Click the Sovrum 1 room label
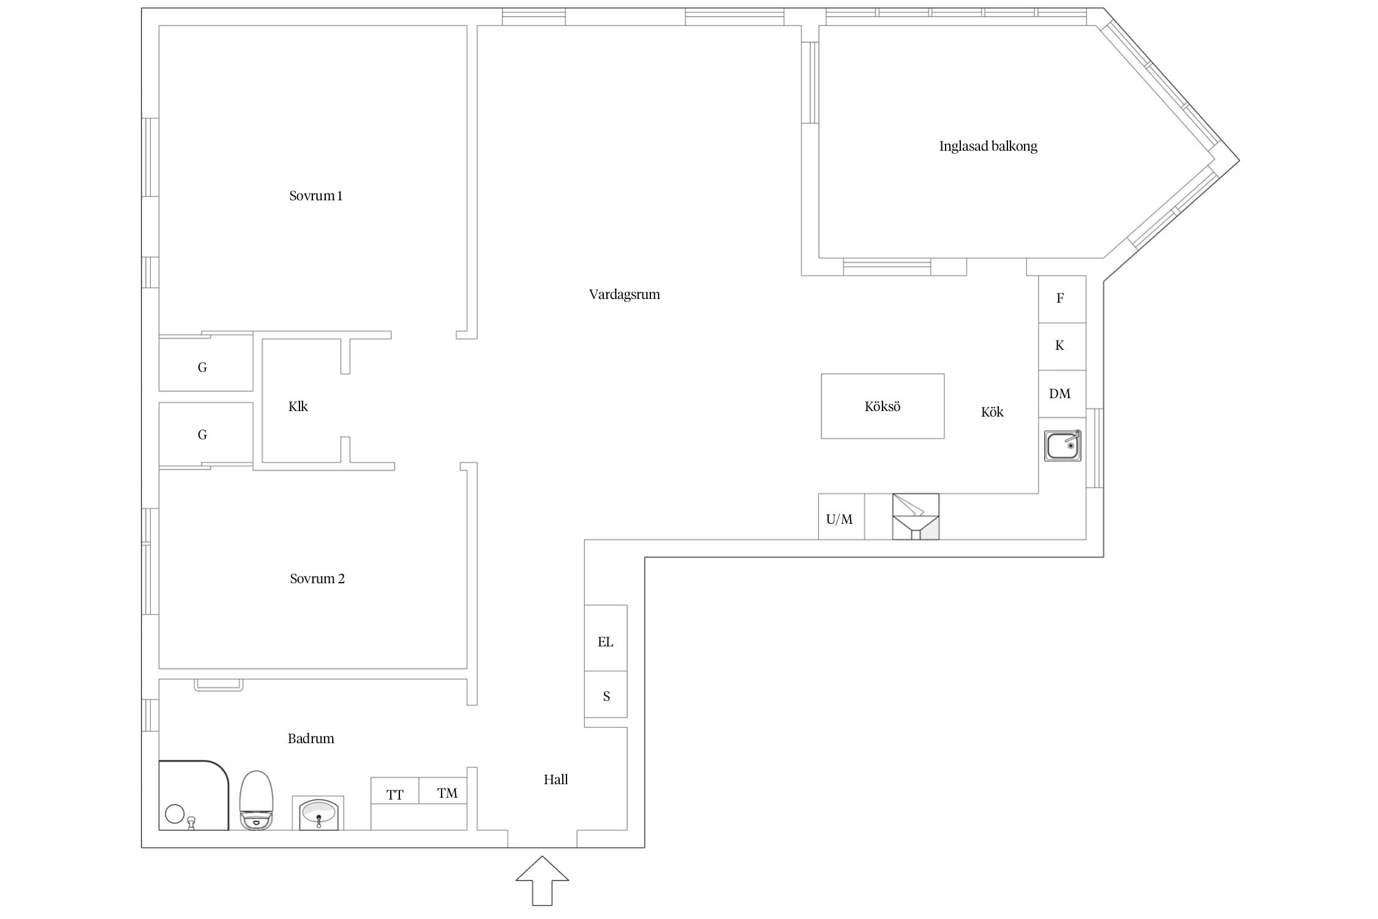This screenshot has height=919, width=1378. click(315, 196)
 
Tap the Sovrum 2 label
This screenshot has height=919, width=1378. click(317, 579)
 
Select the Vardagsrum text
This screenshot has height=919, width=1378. click(624, 295)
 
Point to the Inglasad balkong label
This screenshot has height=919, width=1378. click(988, 146)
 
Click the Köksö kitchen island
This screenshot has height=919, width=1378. click(883, 406)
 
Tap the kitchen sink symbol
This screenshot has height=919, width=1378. click(1063, 445)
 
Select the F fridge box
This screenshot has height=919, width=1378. click(1062, 299)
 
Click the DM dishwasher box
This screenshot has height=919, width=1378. click(1062, 394)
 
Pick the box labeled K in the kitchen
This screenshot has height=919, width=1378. click(1062, 346)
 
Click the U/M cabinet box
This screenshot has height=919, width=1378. click(841, 516)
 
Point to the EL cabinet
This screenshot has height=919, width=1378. click(606, 638)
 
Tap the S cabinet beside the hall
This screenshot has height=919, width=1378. click(606, 694)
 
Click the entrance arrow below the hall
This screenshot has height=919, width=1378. click(542, 880)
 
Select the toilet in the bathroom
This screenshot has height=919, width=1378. click(256, 800)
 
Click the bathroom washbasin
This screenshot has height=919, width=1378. click(318, 813)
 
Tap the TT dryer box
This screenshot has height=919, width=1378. click(395, 791)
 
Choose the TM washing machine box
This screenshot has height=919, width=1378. click(443, 791)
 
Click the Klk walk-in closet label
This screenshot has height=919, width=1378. click(298, 407)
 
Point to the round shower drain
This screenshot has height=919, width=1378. click(175, 814)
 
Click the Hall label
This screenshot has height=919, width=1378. click(556, 780)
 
